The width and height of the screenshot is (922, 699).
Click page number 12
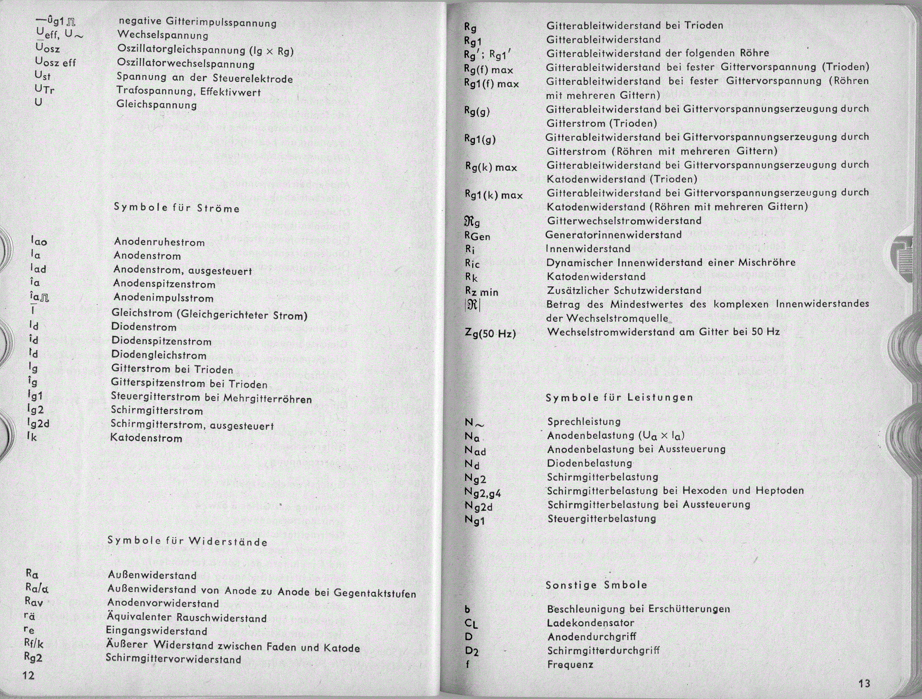pyautogui.click(x=28, y=675)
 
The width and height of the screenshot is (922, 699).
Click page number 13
pyautogui.click(x=864, y=683)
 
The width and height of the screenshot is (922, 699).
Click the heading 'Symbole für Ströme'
pyautogui.click(x=177, y=208)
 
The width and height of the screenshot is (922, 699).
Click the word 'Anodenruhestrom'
pyautogui.click(x=159, y=242)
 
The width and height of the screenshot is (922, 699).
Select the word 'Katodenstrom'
pyautogui.click(x=146, y=438)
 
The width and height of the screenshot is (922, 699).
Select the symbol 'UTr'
pyautogui.click(x=45, y=89)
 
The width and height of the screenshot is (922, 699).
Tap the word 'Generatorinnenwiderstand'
pyautogui.click(x=613, y=235)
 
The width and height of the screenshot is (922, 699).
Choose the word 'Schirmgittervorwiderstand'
pyautogui.click(x=173, y=659)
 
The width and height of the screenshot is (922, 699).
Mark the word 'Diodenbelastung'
pyautogui.click(x=589, y=463)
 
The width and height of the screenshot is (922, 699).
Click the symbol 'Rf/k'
pyautogui.click(x=34, y=644)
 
